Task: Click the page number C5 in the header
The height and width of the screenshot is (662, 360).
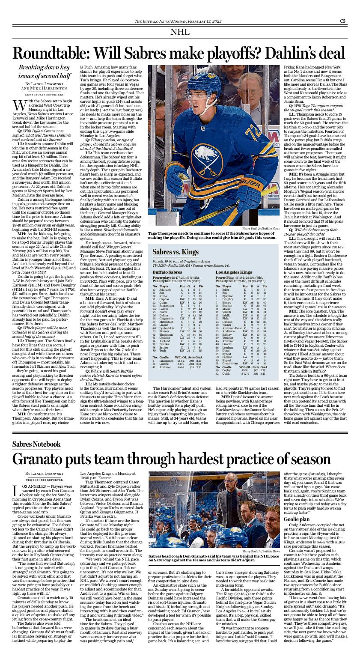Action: click(x=343, y=21)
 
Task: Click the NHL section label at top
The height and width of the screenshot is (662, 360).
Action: click(x=180, y=32)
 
